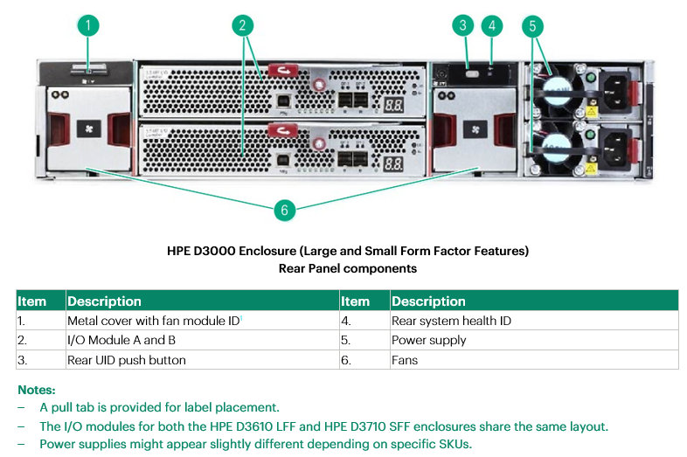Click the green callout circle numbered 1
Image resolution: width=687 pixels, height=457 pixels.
[87, 25]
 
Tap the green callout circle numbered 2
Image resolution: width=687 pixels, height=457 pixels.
[244, 25]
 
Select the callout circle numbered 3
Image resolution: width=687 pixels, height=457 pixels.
[464, 25]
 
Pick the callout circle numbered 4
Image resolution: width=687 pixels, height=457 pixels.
[492, 25]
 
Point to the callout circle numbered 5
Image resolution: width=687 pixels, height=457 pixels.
[532, 25]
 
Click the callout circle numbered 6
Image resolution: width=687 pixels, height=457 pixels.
[283, 211]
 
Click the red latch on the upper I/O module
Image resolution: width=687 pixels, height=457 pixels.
[281, 71]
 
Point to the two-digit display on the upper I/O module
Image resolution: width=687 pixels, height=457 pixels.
[392, 103]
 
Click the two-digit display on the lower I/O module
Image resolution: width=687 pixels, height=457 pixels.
[392, 163]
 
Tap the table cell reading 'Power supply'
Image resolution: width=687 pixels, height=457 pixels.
[428, 340]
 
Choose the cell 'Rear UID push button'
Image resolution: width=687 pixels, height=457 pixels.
[126, 359]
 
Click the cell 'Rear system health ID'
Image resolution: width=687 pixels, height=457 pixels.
[451, 321]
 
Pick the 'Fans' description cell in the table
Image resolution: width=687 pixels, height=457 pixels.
[405, 359]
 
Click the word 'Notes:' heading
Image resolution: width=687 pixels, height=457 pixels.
[36, 389]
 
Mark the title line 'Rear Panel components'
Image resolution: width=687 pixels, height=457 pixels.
[347, 268]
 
